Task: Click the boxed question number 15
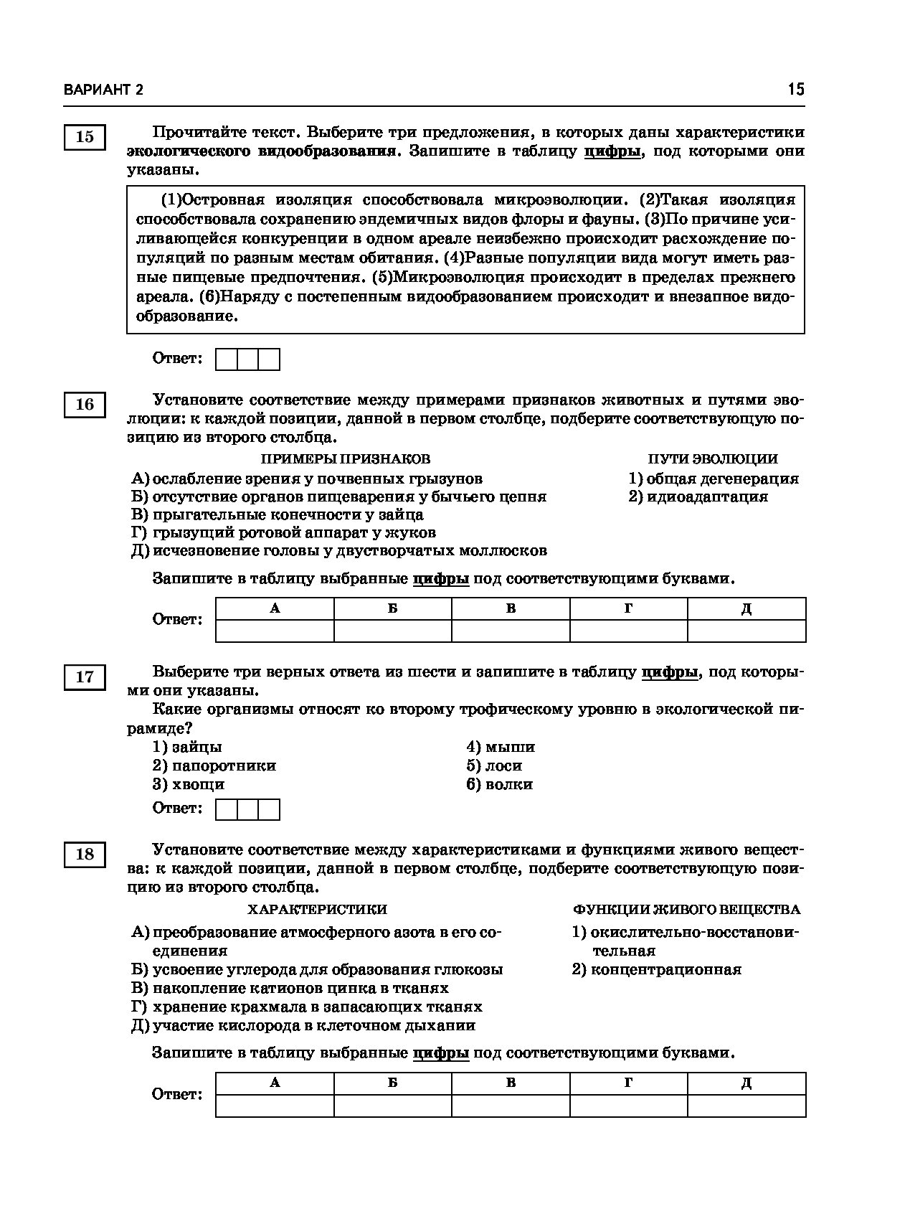(x=85, y=136)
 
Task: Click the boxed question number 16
(x=85, y=405)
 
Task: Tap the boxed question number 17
(x=85, y=677)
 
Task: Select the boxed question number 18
(x=85, y=854)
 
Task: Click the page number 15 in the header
(x=796, y=89)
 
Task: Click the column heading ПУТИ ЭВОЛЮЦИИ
(x=713, y=459)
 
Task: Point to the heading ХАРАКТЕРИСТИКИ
(x=317, y=910)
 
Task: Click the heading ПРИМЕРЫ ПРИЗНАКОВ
(x=345, y=459)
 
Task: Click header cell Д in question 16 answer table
(x=746, y=609)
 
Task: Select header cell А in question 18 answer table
(x=275, y=1083)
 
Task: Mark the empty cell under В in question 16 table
(x=511, y=631)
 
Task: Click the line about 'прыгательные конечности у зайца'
(x=278, y=514)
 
